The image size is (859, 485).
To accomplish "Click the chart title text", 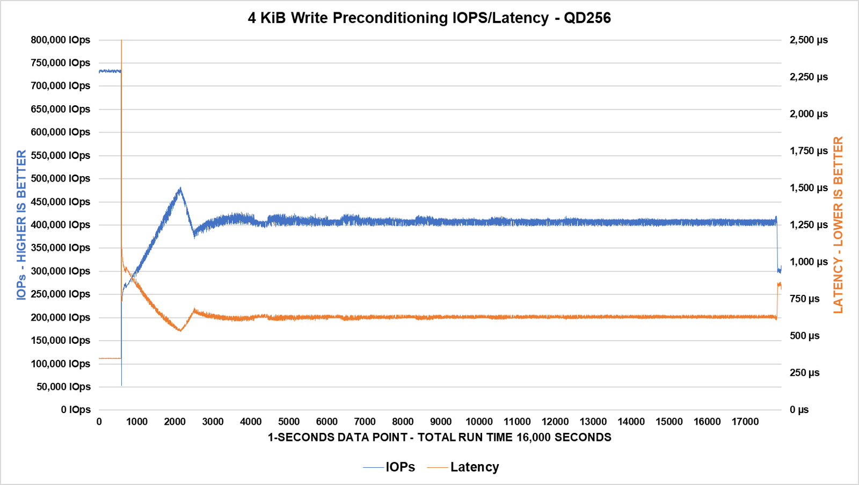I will coord(429,18).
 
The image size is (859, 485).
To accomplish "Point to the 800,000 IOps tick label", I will coord(60,40).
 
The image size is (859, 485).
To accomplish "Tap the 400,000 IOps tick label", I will coord(60,225).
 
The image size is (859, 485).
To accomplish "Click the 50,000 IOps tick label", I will coord(63,387).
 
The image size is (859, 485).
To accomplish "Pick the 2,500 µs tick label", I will coord(809,40).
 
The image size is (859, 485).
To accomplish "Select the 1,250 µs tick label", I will coord(809,225).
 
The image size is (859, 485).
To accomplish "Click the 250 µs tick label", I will coord(804,373).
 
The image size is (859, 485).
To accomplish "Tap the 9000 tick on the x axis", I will coord(441,422).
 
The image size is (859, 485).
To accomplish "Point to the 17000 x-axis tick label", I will coord(745,422).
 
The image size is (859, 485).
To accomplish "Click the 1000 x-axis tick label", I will coord(137,422).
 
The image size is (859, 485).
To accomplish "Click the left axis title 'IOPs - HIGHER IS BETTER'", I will coord(21,225).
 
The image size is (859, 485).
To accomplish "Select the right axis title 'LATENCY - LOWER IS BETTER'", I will coord(838,225).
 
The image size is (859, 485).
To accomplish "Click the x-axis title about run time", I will coord(439,437).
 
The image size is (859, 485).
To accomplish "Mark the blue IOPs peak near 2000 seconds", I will coord(180,189).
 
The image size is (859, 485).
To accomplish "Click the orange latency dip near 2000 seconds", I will coord(180,330).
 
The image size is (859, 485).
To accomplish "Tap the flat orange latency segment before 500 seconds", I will coord(110,358).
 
